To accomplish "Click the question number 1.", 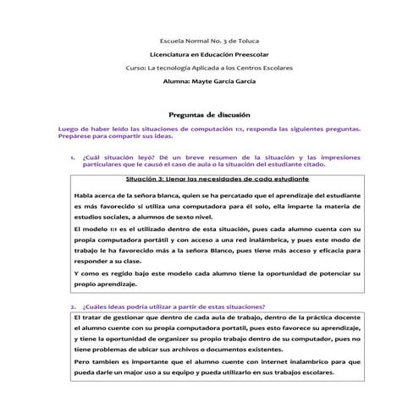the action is (72, 158).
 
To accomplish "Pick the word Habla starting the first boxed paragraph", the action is (61, 196).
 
